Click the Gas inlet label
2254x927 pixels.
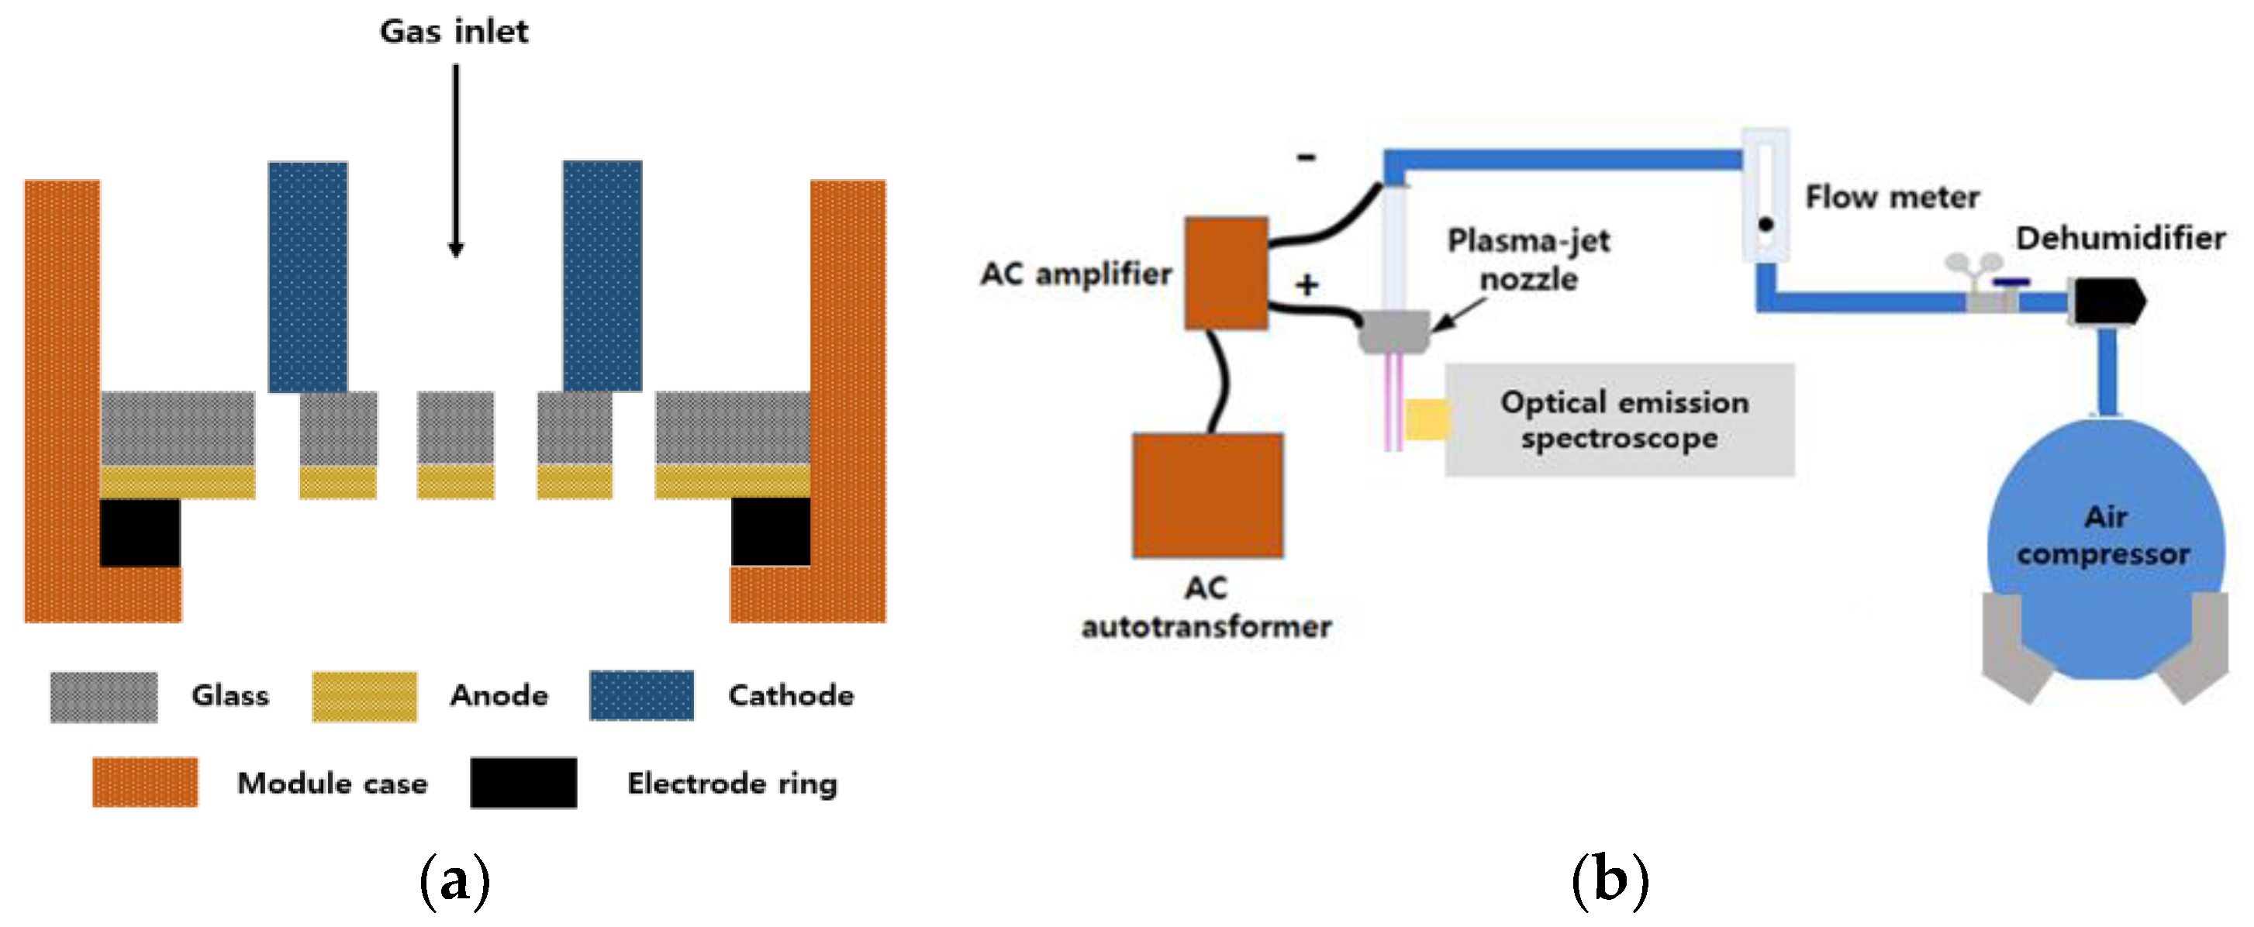click(x=454, y=32)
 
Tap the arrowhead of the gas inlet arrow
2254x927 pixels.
click(x=456, y=250)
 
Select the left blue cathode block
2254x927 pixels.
click(x=307, y=277)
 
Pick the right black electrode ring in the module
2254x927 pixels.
click(x=770, y=532)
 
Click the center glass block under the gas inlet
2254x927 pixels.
click(x=456, y=428)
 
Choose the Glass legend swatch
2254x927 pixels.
click(x=104, y=697)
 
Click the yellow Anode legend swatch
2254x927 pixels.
click(x=364, y=697)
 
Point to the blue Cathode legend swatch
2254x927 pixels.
click(x=641, y=696)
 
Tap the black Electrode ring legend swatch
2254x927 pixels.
click(x=523, y=783)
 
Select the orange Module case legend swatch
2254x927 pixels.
click(x=145, y=782)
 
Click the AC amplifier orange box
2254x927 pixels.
click(x=1226, y=273)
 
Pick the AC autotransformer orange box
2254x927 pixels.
click(x=1207, y=495)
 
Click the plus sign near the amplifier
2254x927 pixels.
click(x=1307, y=285)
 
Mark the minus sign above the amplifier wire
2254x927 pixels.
click(x=1306, y=157)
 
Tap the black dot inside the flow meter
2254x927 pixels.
click(x=1766, y=225)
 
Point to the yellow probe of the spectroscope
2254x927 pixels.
click(x=1426, y=419)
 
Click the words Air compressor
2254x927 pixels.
click(x=2104, y=536)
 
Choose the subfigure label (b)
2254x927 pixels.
click(x=1610, y=881)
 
